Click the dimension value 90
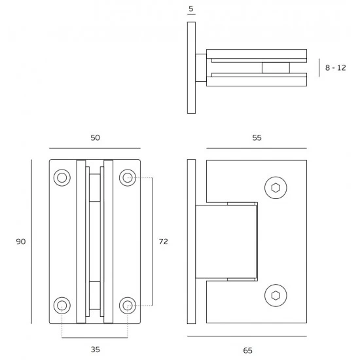point(21,242)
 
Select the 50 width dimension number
point(95,137)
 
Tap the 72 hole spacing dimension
point(163,242)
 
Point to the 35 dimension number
point(96,350)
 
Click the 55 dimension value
point(257,137)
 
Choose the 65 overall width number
point(247,350)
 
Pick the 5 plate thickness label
point(191,9)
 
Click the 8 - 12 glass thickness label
point(335,67)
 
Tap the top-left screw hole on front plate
point(62,177)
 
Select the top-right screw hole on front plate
point(128,177)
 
